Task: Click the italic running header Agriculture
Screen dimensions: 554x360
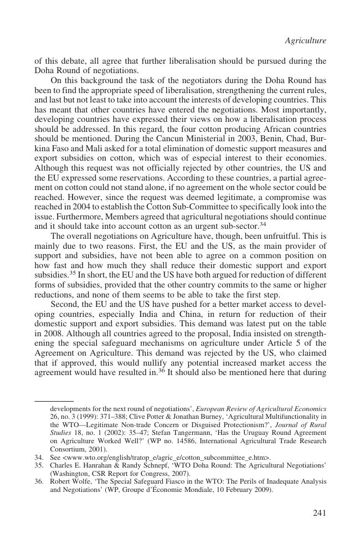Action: (305, 40)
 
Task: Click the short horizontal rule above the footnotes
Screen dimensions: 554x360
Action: (54, 400)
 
